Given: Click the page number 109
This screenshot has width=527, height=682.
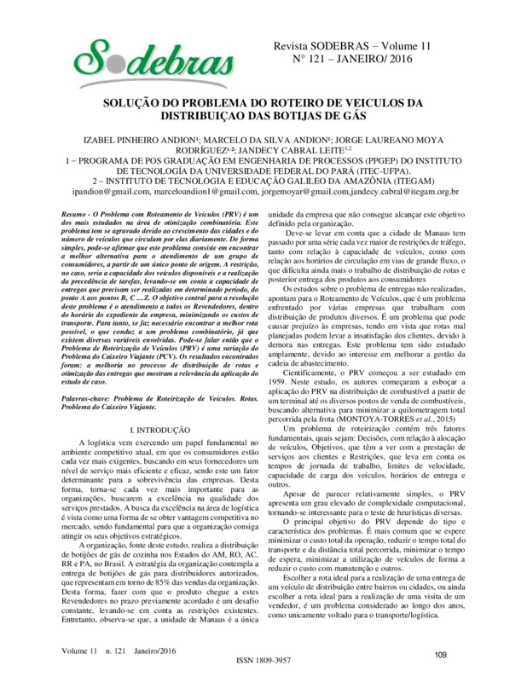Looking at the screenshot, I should [440, 654].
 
